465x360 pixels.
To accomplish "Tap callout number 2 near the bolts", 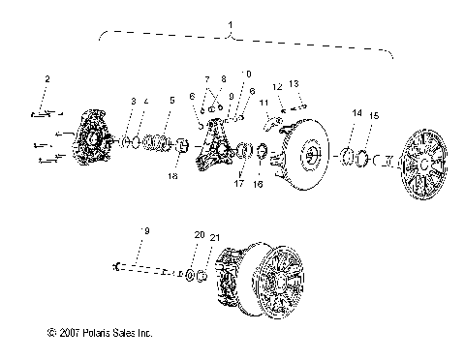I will (46, 79).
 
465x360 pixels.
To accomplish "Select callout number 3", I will (134, 102).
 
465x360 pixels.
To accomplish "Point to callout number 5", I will (171, 101).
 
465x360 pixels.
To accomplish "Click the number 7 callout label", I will (205, 79).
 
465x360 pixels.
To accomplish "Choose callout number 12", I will (277, 88).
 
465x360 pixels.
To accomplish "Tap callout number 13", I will (295, 85).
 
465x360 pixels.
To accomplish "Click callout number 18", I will (173, 177).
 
